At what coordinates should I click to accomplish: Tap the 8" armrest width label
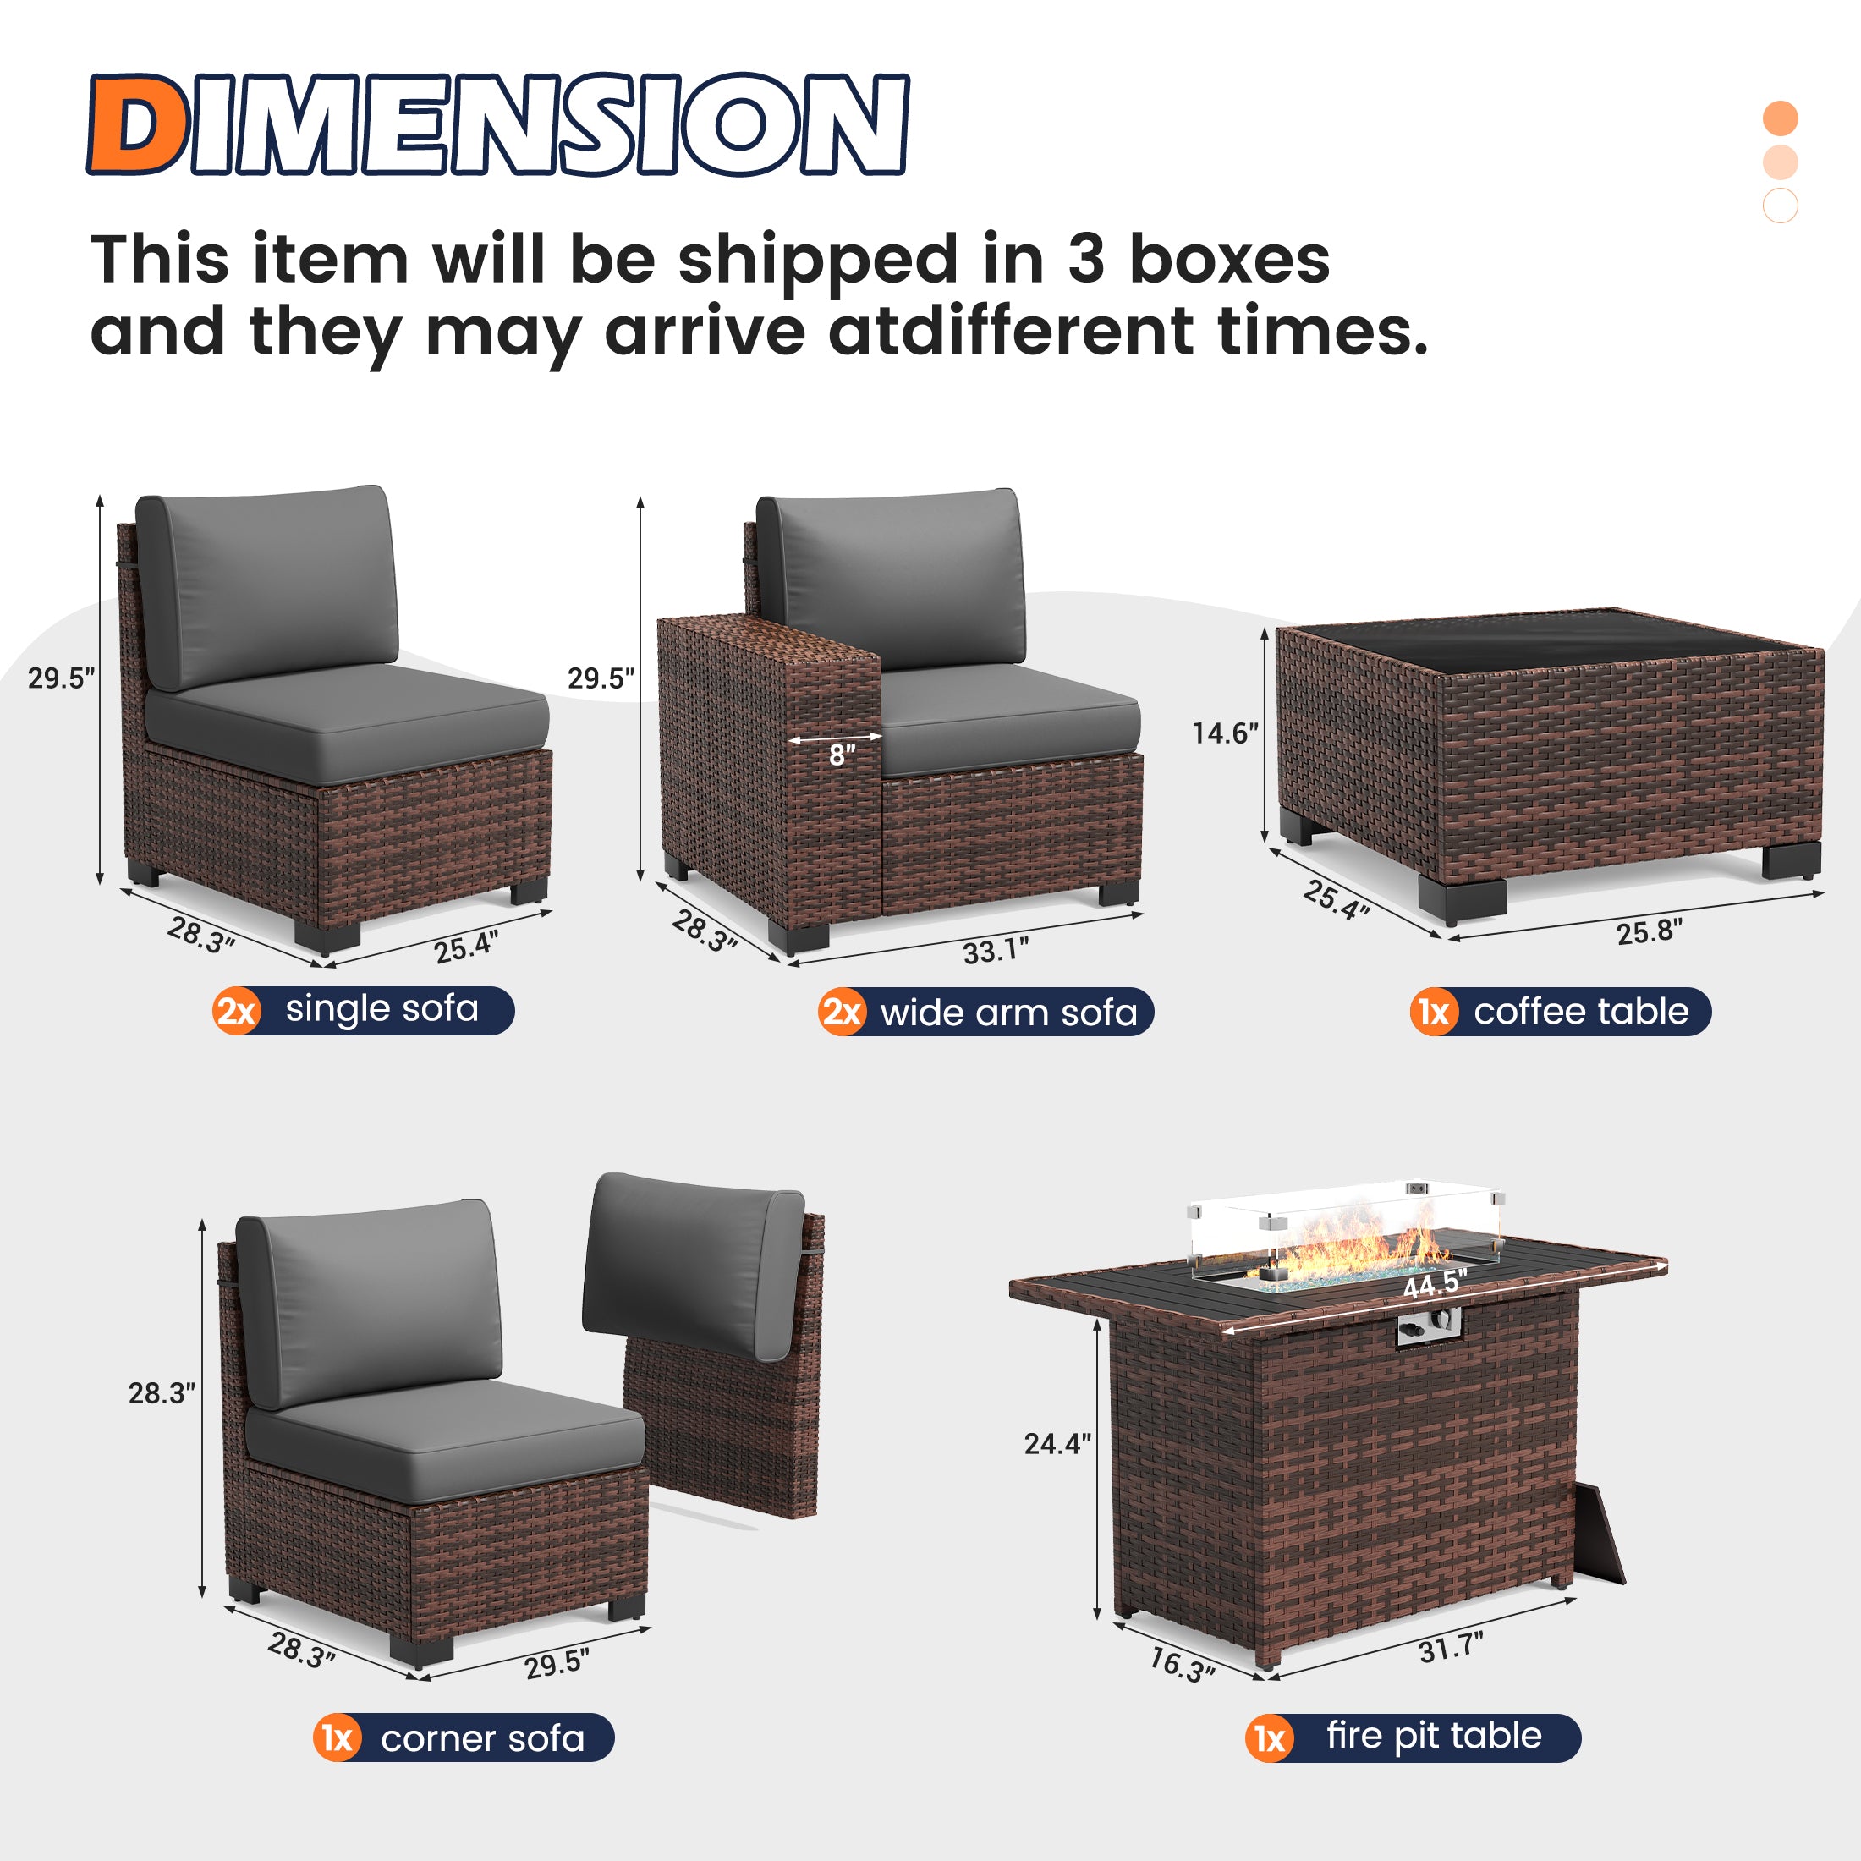click(x=842, y=756)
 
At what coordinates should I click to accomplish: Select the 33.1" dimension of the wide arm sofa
click(x=995, y=952)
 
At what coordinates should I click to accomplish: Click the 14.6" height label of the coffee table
click(x=1224, y=734)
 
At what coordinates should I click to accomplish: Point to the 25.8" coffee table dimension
click(x=1649, y=931)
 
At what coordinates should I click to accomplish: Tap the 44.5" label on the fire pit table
click(x=1435, y=1285)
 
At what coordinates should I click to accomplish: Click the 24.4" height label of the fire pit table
click(x=1057, y=1443)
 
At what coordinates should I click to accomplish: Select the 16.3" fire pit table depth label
click(x=1181, y=1665)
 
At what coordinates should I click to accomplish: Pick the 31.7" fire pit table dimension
click(x=1451, y=1648)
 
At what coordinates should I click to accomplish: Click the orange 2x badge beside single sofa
click(x=237, y=1012)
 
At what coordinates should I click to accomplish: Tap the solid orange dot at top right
click(x=1780, y=118)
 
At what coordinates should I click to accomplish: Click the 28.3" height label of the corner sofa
click(x=162, y=1393)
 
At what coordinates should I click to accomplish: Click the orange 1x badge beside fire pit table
click(x=1270, y=1738)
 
